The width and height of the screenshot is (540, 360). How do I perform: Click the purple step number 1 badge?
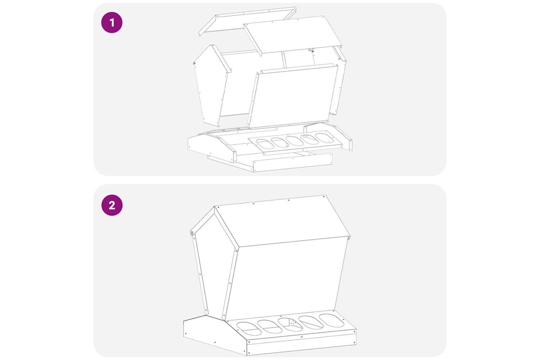tap(112, 22)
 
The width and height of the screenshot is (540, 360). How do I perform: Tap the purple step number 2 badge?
tap(112, 205)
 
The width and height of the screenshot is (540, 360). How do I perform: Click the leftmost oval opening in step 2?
tap(249, 329)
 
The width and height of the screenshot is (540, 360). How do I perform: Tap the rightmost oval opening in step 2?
tap(332, 320)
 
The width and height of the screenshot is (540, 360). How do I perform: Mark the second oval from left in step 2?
tap(270, 327)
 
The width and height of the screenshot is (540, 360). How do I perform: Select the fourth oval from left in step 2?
tap(311, 323)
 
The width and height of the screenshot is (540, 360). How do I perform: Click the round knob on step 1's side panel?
tap(194, 63)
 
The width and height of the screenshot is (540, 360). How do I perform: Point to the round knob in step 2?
tap(192, 233)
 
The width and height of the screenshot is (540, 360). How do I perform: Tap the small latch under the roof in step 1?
tap(311, 50)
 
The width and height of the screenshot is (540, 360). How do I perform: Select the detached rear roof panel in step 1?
tap(248, 22)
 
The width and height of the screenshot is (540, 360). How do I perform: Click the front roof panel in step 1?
tap(293, 36)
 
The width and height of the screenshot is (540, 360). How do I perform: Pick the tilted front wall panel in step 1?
tap(293, 96)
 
